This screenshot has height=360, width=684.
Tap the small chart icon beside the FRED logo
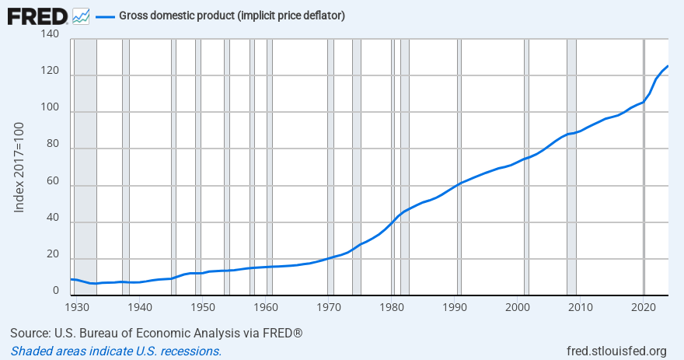coord(80,16)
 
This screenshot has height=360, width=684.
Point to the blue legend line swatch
coord(104,16)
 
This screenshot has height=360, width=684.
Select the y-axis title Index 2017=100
coord(19,167)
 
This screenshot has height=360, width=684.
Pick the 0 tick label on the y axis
coord(55,291)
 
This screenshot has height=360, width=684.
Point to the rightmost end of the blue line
coord(668,66)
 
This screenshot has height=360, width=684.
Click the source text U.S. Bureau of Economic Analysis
coord(156,334)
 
